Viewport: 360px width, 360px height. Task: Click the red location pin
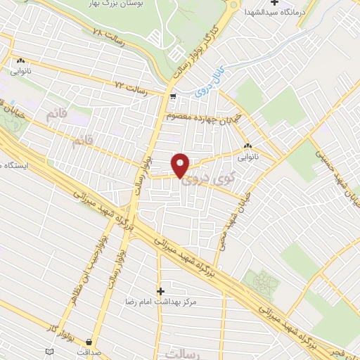[x=181, y=165]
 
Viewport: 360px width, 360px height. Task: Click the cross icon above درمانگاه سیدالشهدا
[x=284, y=2]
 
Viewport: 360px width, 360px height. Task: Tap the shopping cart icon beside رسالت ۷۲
[x=173, y=92]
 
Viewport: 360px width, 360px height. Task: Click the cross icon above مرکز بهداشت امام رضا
[x=160, y=290]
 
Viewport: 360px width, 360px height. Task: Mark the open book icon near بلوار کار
[x=49, y=351]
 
